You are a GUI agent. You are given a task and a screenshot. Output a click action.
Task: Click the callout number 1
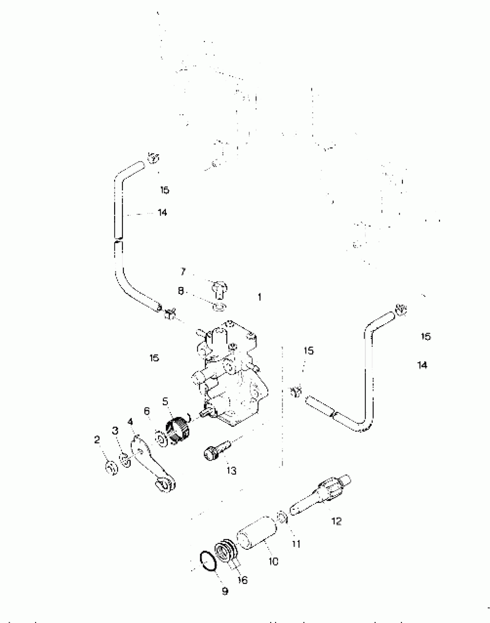pyautogui.click(x=259, y=297)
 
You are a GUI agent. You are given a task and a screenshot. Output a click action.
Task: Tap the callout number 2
pyautogui.click(x=97, y=440)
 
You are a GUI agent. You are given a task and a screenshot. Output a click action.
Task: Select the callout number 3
pyautogui.click(x=115, y=431)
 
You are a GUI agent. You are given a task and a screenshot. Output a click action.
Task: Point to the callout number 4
pyautogui.click(x=130, y=422)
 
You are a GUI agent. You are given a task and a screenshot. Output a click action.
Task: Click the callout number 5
pyautogui.click(x=165, y=401)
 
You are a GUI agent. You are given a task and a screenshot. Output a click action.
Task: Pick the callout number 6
pyautogui.click(x=147, y=411)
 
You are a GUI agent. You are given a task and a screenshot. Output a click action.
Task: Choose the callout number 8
pyautogui.click(x=181, y=291)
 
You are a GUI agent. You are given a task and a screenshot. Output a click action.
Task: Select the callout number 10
pyautogui.click(x=273, y=561)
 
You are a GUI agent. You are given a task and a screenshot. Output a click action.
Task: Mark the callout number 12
pyautogui.click(x=336, y=521)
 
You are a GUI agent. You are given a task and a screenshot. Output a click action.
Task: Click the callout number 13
pyautogui.click(x=231, y=471)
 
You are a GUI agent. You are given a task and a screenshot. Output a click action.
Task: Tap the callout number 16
pyautogui.click(x=243, y=580)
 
